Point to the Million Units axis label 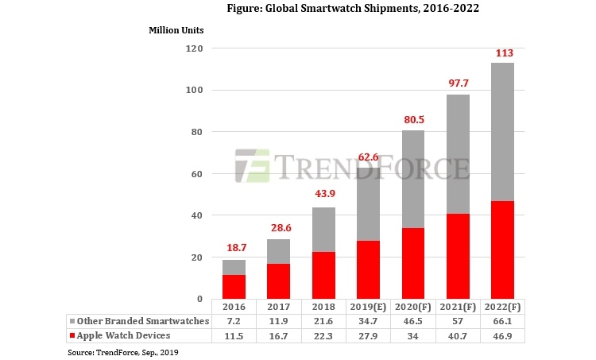[176, 30]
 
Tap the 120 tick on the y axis [195, 48]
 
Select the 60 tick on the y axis [197, 174]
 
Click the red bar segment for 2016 [233, 287]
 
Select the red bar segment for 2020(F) [412, 263]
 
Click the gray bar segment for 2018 [323, 230]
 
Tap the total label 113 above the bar [503, 53]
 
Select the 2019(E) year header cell [367, 307]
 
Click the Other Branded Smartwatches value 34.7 [367, 320]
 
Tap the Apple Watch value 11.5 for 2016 [233, 335]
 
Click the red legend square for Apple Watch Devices [71, 335]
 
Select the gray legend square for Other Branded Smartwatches [71, 320]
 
